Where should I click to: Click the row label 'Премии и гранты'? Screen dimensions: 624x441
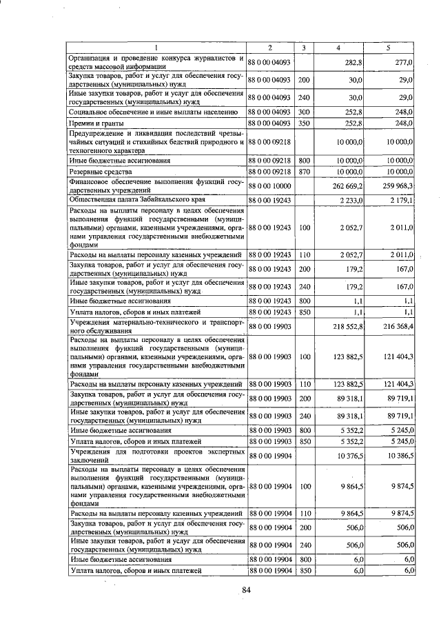pos(96,122)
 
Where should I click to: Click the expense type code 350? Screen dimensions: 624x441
pos(304,122)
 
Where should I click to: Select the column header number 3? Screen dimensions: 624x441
pos(304,47)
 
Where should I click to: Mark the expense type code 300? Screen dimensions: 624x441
pos(304,110)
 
